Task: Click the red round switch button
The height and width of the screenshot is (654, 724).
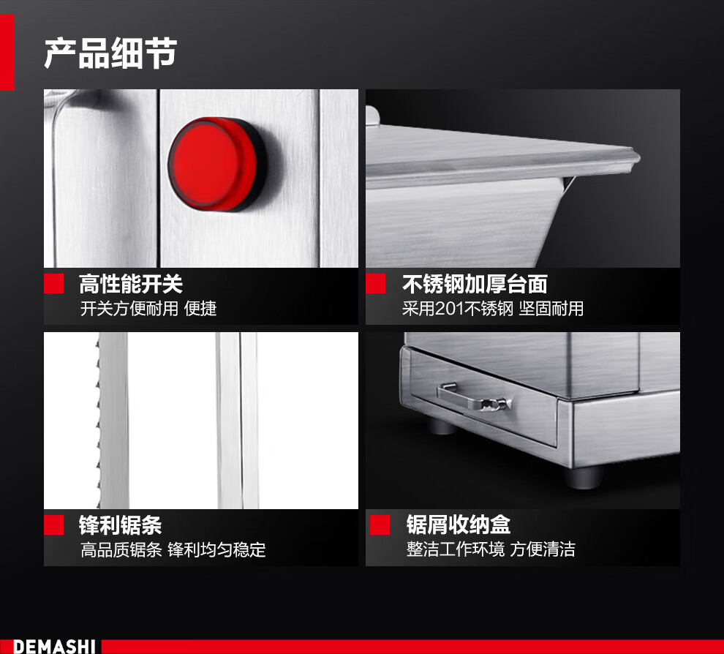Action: click(216, 164)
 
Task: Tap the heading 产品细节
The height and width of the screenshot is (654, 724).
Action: click(111, 53)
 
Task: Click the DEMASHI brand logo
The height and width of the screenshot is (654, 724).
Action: click(54, 646)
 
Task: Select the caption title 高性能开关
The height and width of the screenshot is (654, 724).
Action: click(131, 284)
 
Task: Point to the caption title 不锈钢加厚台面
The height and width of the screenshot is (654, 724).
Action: click(475, 284)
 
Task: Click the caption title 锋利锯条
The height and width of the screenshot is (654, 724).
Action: click(120, 525)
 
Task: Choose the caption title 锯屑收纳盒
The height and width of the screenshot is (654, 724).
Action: click(459, 525)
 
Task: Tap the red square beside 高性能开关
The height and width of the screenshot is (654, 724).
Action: click(53, 284)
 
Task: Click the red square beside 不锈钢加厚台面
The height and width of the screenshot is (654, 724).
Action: click(375, 284)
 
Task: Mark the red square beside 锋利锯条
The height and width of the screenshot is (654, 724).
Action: click(53, 525)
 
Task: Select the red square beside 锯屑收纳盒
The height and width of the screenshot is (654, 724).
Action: click(380, 525)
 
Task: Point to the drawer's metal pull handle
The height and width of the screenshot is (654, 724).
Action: click(473, 398)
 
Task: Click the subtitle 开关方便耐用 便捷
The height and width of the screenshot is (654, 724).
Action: click(148, 309)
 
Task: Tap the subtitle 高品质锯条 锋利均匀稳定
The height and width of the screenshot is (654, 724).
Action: click(173, 549)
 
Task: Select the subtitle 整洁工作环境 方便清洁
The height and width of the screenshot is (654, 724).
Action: click(491, 549)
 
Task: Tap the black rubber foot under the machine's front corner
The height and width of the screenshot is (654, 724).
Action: click(584, 477)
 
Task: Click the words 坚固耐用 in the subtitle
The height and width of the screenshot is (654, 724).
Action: click(551, 309)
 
